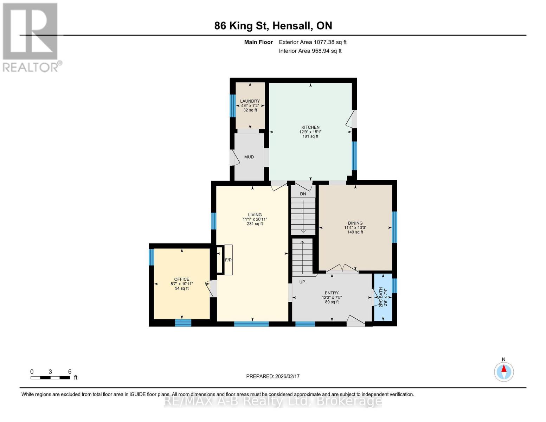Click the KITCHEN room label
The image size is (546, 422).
[310, 127]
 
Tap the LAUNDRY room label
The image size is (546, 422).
[250, 101]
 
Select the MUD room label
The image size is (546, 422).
[249, 157]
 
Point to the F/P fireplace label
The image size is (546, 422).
[228, 260]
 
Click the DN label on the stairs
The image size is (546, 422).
[303, 194]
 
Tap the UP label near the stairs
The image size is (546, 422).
[302, 282]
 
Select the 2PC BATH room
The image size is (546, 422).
[383, 298]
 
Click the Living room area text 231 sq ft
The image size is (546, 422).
[255, 224]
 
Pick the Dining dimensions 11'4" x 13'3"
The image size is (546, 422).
[355, 228]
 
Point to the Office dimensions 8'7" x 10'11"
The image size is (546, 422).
[182, 284]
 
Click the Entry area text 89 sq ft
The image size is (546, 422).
[332, 302]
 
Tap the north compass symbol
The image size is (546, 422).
[504, 371]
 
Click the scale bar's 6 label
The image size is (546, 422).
[70, 372]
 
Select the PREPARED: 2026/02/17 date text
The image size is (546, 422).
[273, 376]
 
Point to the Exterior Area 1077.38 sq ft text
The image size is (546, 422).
[313, 42]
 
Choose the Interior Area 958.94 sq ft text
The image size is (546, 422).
[310, 51]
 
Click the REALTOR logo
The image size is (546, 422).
[31, 37]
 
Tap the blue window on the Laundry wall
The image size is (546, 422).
[232, 105]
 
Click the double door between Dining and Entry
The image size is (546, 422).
[342, 269]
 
